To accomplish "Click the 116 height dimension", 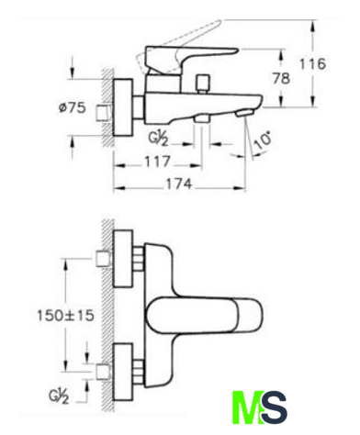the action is pyautogui.click(x=312, y=64).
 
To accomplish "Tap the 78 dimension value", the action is pyautogui.click(x=281, y=79).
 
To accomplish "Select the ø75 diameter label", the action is pyautogui.click(x=73, y=107).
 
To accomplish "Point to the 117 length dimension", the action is pyautogui.click(x=157, y=162).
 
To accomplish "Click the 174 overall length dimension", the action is pyautogui.click(x=179, y=184).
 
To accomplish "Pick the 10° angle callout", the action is pyautogui.click(x=263, y=140).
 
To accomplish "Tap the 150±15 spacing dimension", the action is pyautogui.click(x=65, y=316).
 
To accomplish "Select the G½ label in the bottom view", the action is pyautogui.click(x=59, y=396).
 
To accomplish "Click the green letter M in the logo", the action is pyautogui.click(x=247, y=407).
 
